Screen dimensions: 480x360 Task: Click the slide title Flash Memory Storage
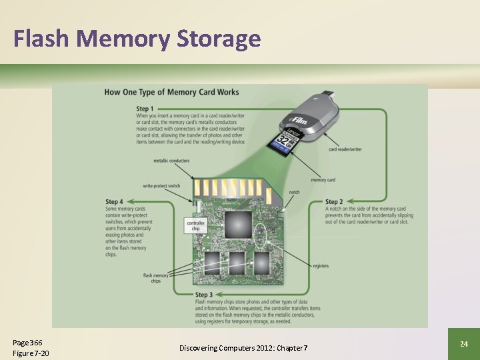[137, 39]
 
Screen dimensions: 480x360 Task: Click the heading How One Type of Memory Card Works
[171, 92]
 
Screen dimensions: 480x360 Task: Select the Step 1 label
[145, 108]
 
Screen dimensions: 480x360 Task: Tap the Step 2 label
[334, 201]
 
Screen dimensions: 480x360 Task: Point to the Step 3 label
[204, 294]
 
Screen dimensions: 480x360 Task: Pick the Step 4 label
[114, 201]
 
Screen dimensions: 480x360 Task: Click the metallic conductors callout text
[171, 161]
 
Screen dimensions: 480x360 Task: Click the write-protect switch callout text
[161, 185]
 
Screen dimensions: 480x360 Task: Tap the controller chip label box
[196, 225]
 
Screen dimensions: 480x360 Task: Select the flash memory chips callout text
[152, 278]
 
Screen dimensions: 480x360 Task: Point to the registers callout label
[320, 266]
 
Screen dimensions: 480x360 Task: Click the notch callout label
[294, 192]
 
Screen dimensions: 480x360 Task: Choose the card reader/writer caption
[345, 149]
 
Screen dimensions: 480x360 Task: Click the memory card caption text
[323, 180]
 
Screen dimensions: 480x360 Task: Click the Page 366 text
[27, 342]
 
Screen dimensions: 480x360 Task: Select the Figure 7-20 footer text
[31, 353]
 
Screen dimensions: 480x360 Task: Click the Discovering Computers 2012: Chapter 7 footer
[243, 349]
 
